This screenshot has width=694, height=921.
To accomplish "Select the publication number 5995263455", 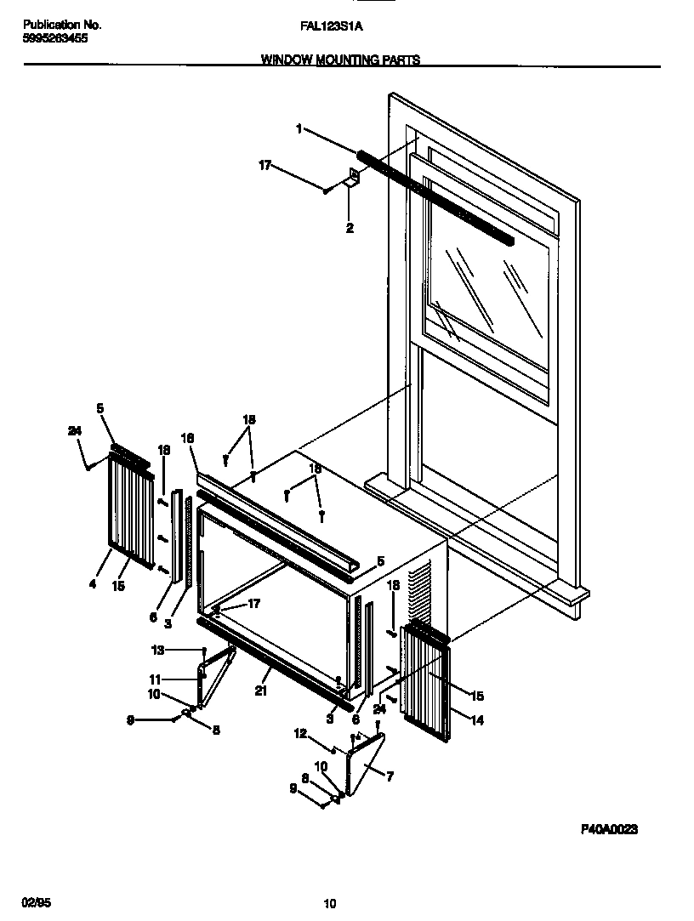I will pos(52,38).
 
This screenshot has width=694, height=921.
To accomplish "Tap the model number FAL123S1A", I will pos(332,26).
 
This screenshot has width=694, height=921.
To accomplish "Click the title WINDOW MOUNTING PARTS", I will pos(339,60).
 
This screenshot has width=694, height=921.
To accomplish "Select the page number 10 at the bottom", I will pos(331,903).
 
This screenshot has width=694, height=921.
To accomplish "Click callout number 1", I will pos(299,129).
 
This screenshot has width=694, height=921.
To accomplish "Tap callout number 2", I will pos(350,228).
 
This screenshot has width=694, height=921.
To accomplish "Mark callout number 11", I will pos(299,732).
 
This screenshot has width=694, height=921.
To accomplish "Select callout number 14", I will pos(260,691).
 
